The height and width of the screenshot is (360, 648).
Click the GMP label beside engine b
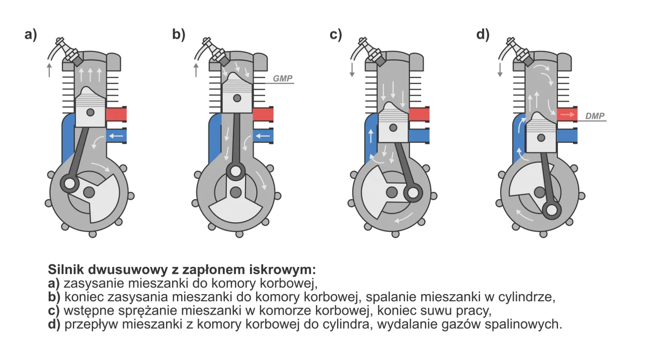(282, 79)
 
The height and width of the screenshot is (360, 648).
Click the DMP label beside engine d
(594, 116)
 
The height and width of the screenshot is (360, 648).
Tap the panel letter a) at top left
(31, 34)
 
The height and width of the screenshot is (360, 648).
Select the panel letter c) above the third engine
(336, 34)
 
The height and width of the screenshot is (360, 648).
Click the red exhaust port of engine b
(263, 114)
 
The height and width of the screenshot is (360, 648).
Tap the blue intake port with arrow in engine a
(116, 136)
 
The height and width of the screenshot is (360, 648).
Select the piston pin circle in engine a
(90, 112)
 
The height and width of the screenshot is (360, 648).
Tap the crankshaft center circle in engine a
(89, 192)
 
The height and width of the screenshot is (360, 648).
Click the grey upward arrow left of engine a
(49, 70)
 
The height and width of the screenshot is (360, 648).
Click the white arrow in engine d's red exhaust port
(568, 115)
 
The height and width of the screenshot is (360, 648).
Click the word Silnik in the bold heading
(66, 268)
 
